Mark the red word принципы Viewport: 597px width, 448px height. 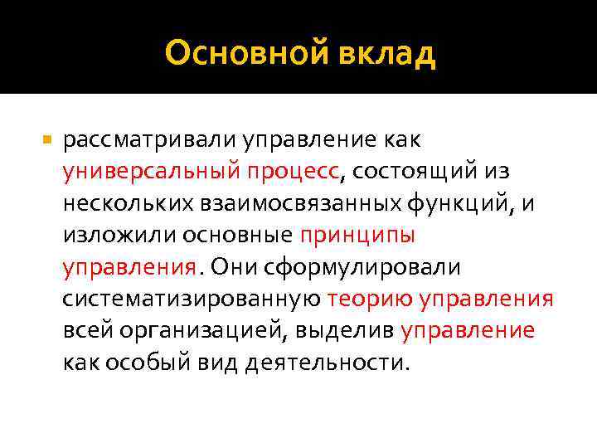[x=357, y=236]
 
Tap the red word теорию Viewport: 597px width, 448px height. [x=370, y=299]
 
